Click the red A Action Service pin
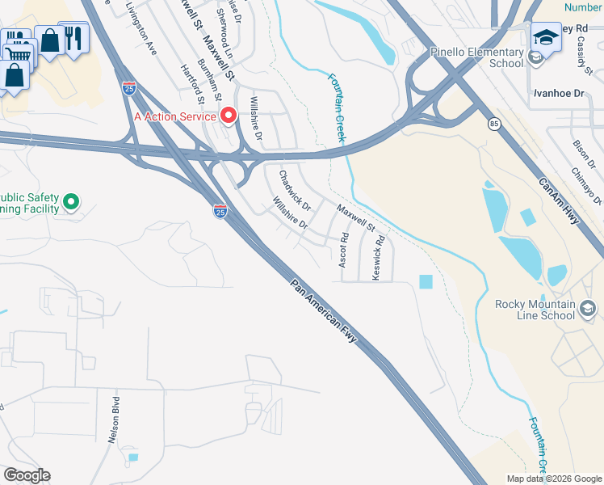228,116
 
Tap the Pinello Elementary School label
477,57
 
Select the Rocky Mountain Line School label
535,310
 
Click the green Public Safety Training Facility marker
70,201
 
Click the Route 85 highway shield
493,124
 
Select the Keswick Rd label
378,257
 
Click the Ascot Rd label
343,251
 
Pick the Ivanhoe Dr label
557,94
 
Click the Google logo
27,475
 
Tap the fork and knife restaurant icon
73,37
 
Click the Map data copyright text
552,478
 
